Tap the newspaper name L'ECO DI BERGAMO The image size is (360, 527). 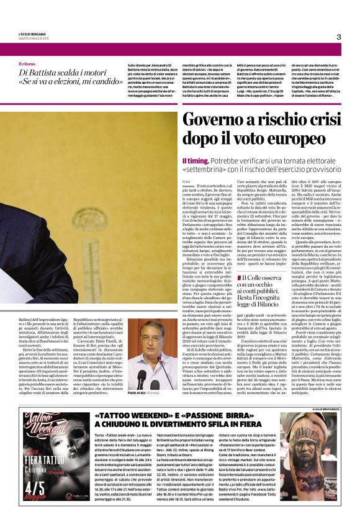coord(34,35)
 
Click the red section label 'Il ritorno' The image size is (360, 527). coord(27,64)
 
